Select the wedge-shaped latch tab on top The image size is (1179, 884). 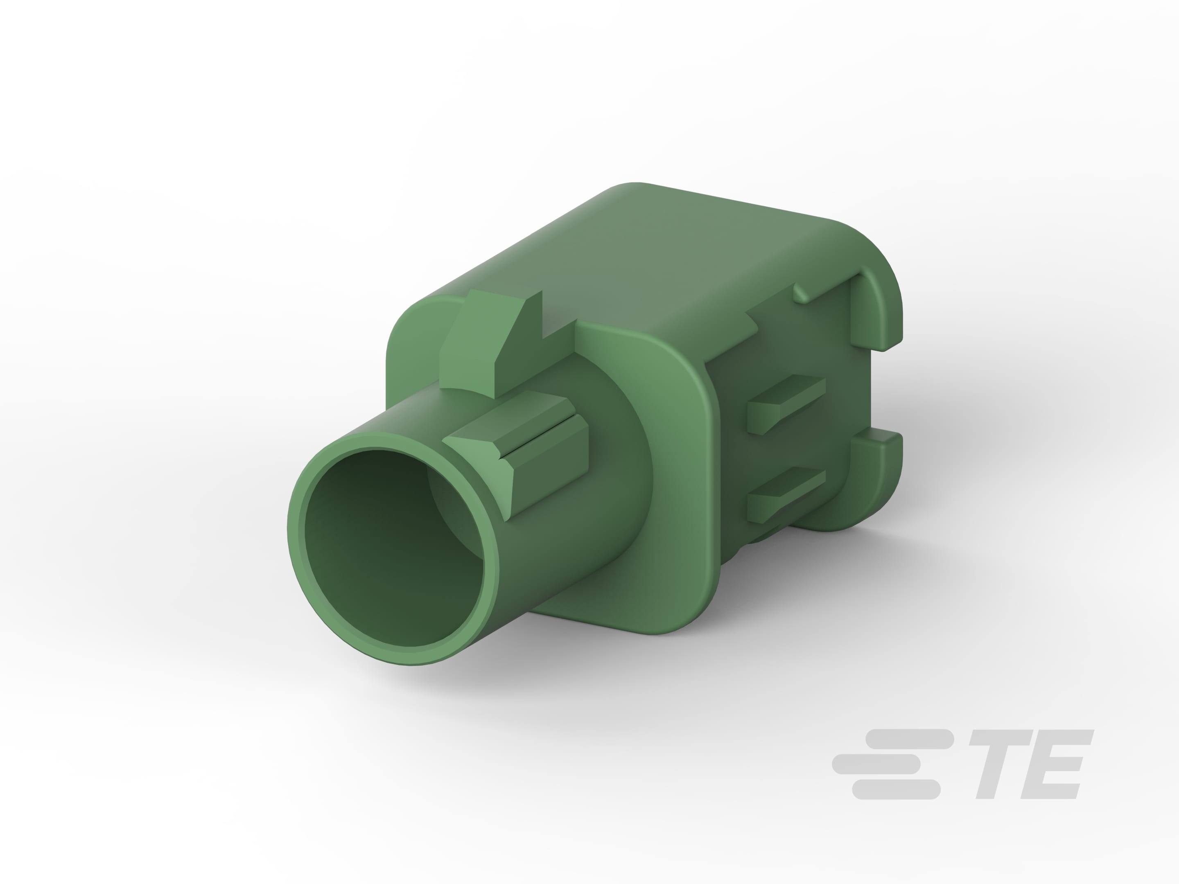coord(480,341)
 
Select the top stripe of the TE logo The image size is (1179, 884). coord(909,739)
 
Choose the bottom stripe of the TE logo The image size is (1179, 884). coord(895,789)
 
